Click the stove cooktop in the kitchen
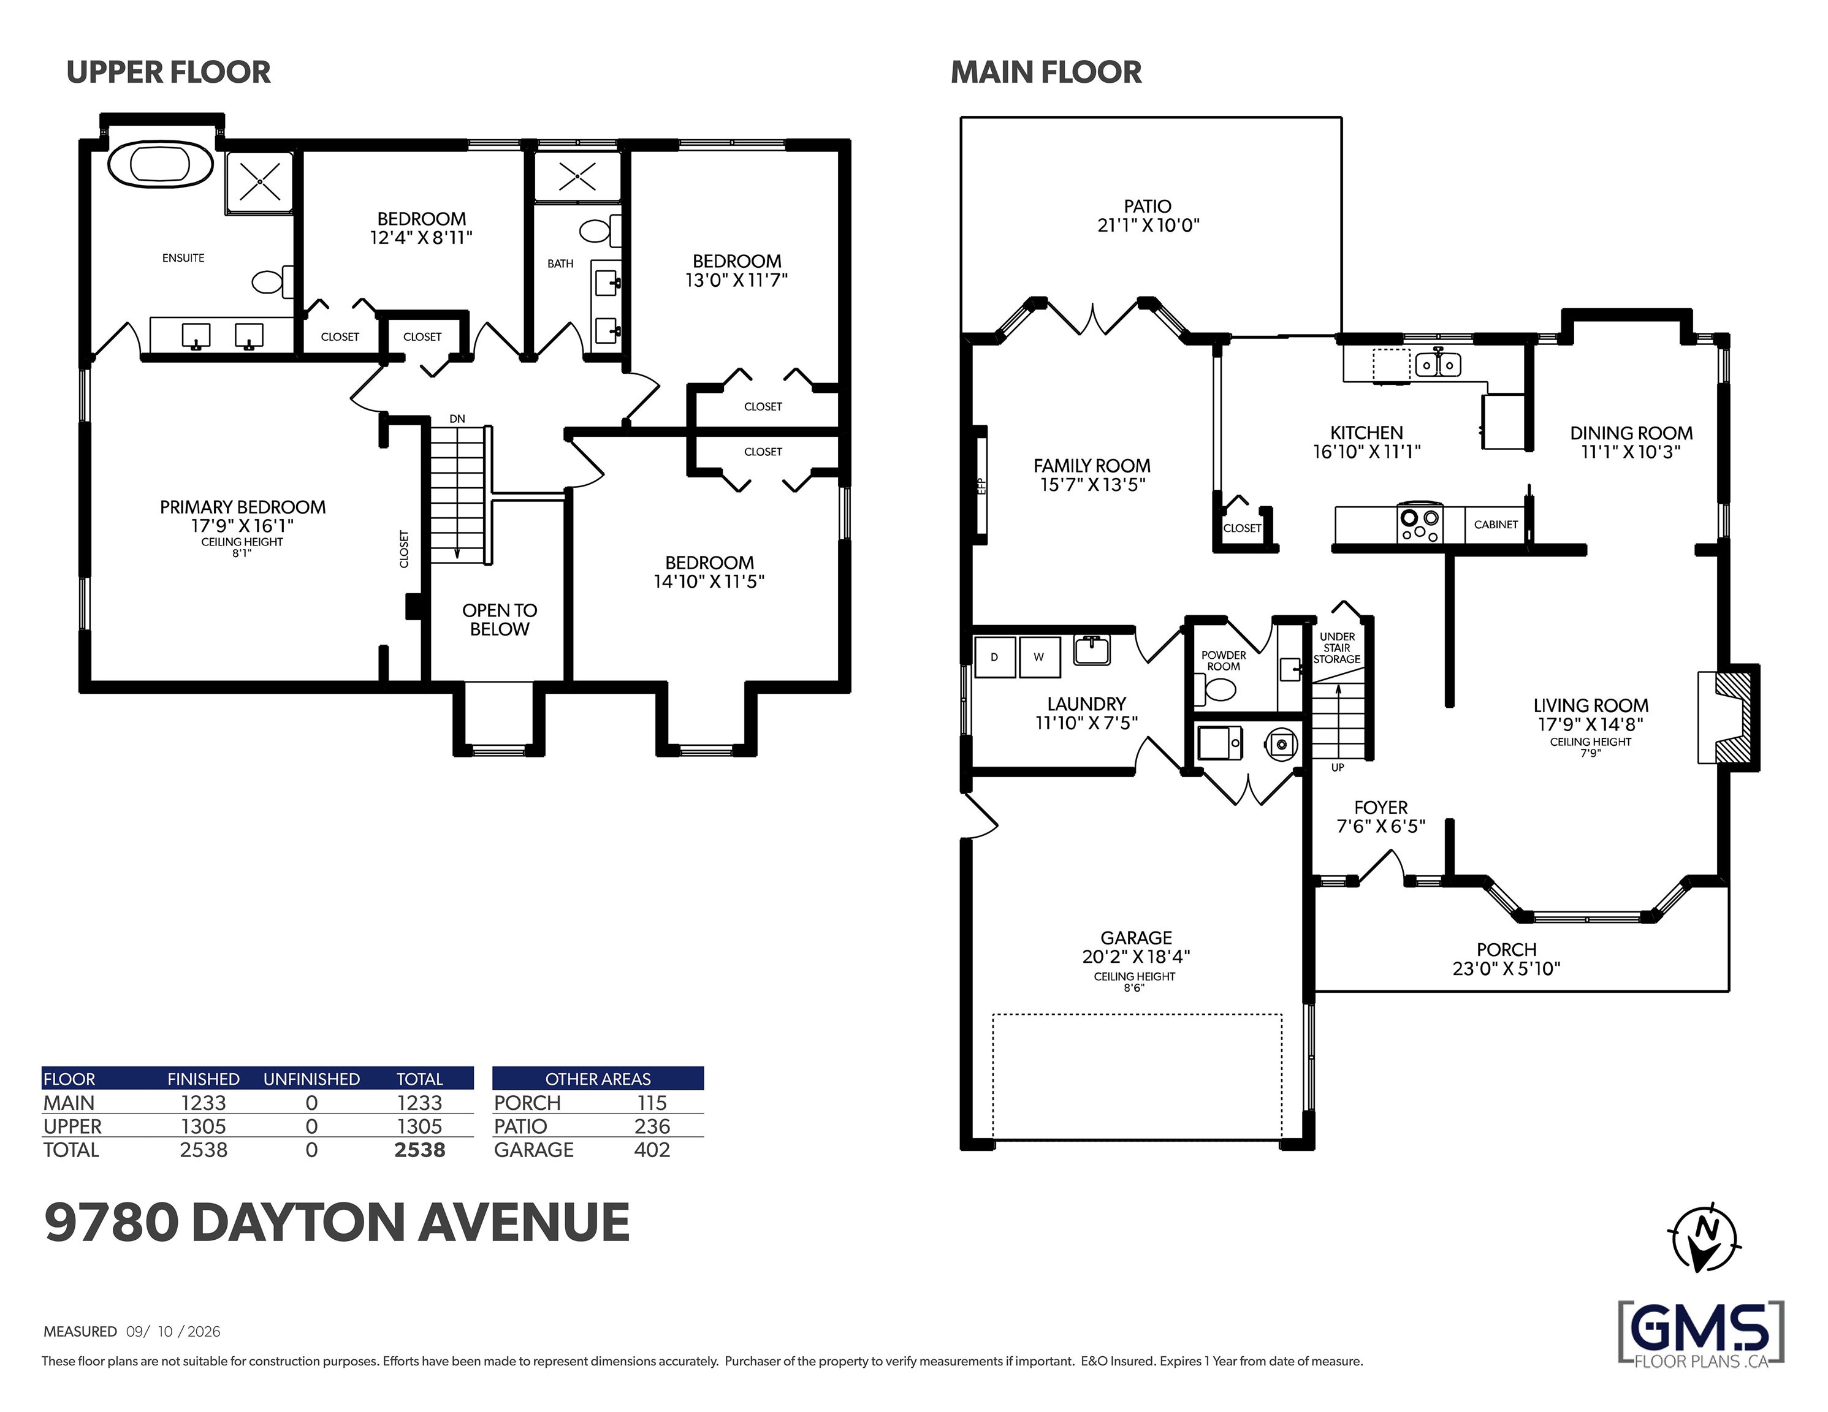click(1420, 525)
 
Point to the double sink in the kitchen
click(1438, 364)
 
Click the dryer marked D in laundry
click(994, 657)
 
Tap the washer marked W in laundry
click(1038, 657)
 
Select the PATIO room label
click(1148, 206)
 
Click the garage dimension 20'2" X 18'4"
click(1136, 956)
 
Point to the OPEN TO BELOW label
click(500, 620)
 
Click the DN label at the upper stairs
click(457, 419)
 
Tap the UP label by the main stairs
click(1338, 767)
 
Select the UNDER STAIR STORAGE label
click(1337, 648)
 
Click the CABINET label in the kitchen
click(1496, 525)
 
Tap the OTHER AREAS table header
click(598, 1079)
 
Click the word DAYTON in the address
click(299, 1222)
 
